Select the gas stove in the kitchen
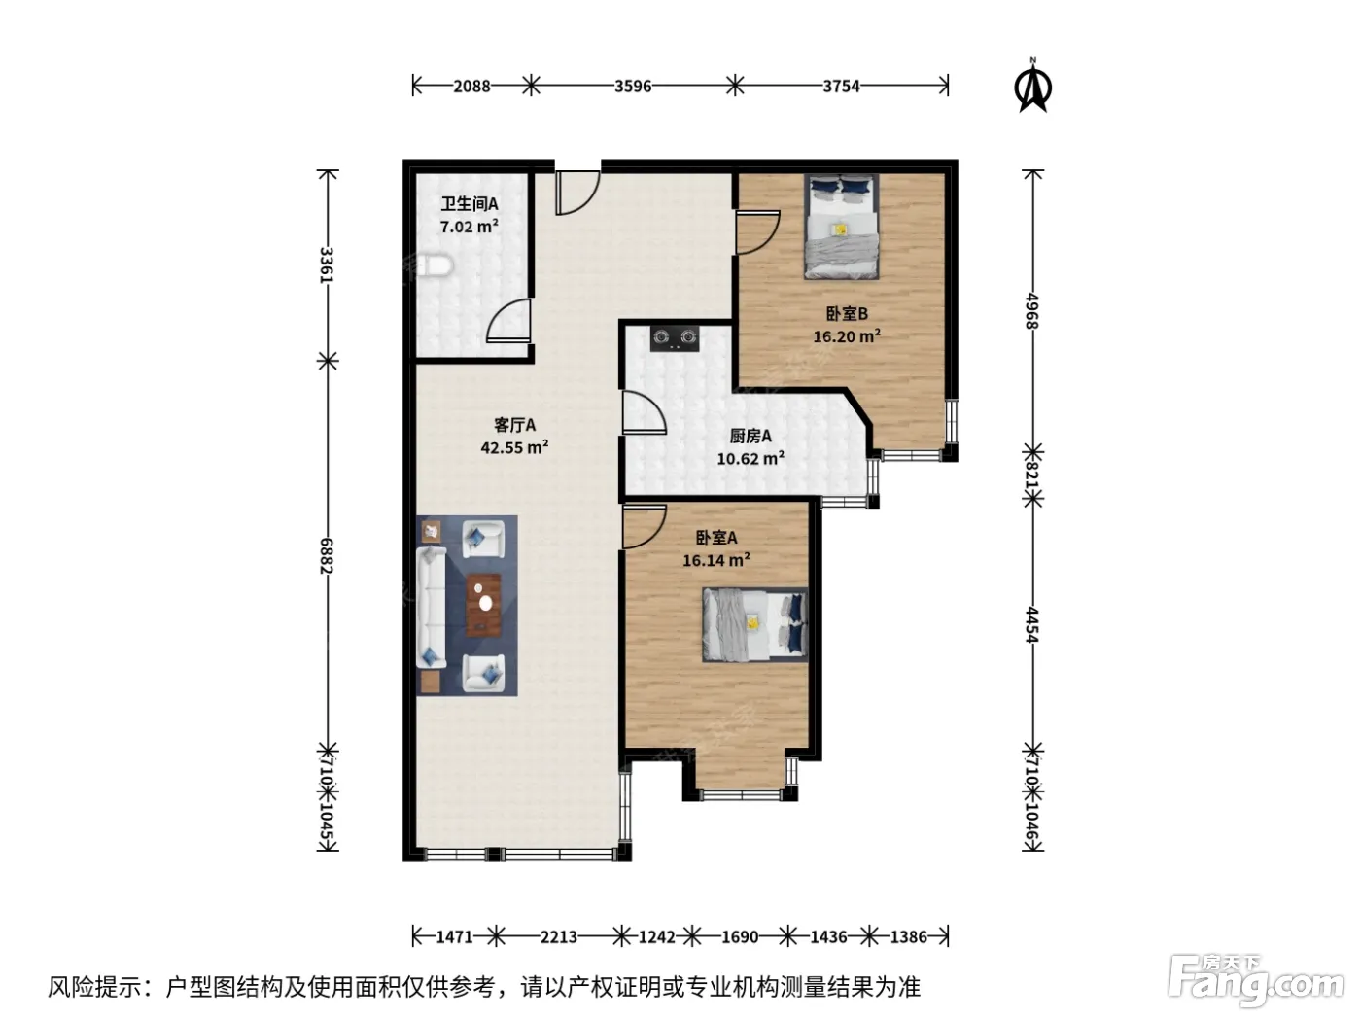click(675, 338)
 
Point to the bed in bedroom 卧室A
click(754, 624)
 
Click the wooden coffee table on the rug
click(483, 605)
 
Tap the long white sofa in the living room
click(431, 607)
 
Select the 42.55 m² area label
click(514, 447)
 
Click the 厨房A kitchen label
click(750, 436)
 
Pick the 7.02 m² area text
click(469, 227)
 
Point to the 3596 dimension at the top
click(633, 86)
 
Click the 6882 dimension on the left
click(327, 555)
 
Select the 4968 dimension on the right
click(1031, 310)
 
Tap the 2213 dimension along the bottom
click(558, 936)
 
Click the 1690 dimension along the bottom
click(739, 936)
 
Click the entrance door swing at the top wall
click(577, 193)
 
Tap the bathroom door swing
click(508, 320)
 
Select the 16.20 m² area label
click(847, 336)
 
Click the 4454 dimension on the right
click(1031, 624)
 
